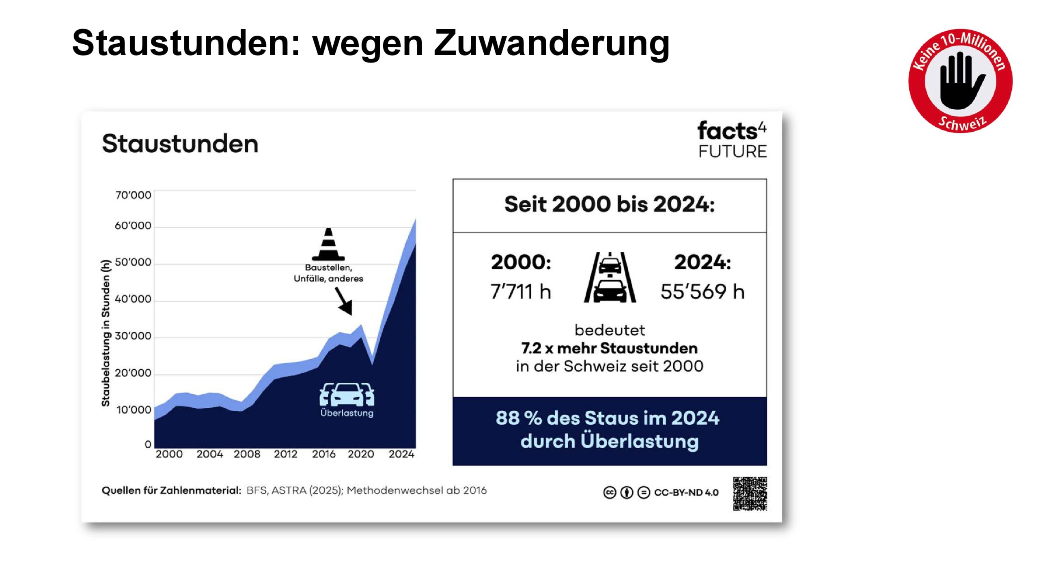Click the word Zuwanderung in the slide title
[551, 43]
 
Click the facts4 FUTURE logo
[732, 139]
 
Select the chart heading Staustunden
[180, 143]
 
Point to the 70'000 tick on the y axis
[133, 195]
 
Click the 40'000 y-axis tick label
[133, 299]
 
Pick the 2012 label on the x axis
[286, 454]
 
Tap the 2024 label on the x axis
[401, 454]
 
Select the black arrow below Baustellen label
[343, 301]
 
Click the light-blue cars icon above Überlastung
[347, 394]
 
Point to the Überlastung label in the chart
[347, 413]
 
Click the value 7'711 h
[520, 292]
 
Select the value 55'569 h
[703, 292]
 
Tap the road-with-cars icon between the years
[610, 277]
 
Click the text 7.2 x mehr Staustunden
[610, 348]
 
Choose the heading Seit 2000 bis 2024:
[610, 204]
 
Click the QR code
[750, 494]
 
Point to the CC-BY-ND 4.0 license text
[686, 492]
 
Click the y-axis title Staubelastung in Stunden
[106, 333]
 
